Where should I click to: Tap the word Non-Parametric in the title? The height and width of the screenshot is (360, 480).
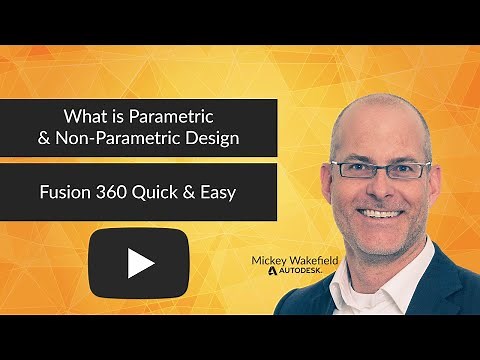coord(108,138)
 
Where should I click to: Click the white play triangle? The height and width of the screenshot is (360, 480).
coord(140,262)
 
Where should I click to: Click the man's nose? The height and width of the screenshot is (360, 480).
coord(385,187)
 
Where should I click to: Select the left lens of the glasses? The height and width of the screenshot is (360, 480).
coord(356,170)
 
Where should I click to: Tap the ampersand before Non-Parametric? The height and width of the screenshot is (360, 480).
coord(43,138)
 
